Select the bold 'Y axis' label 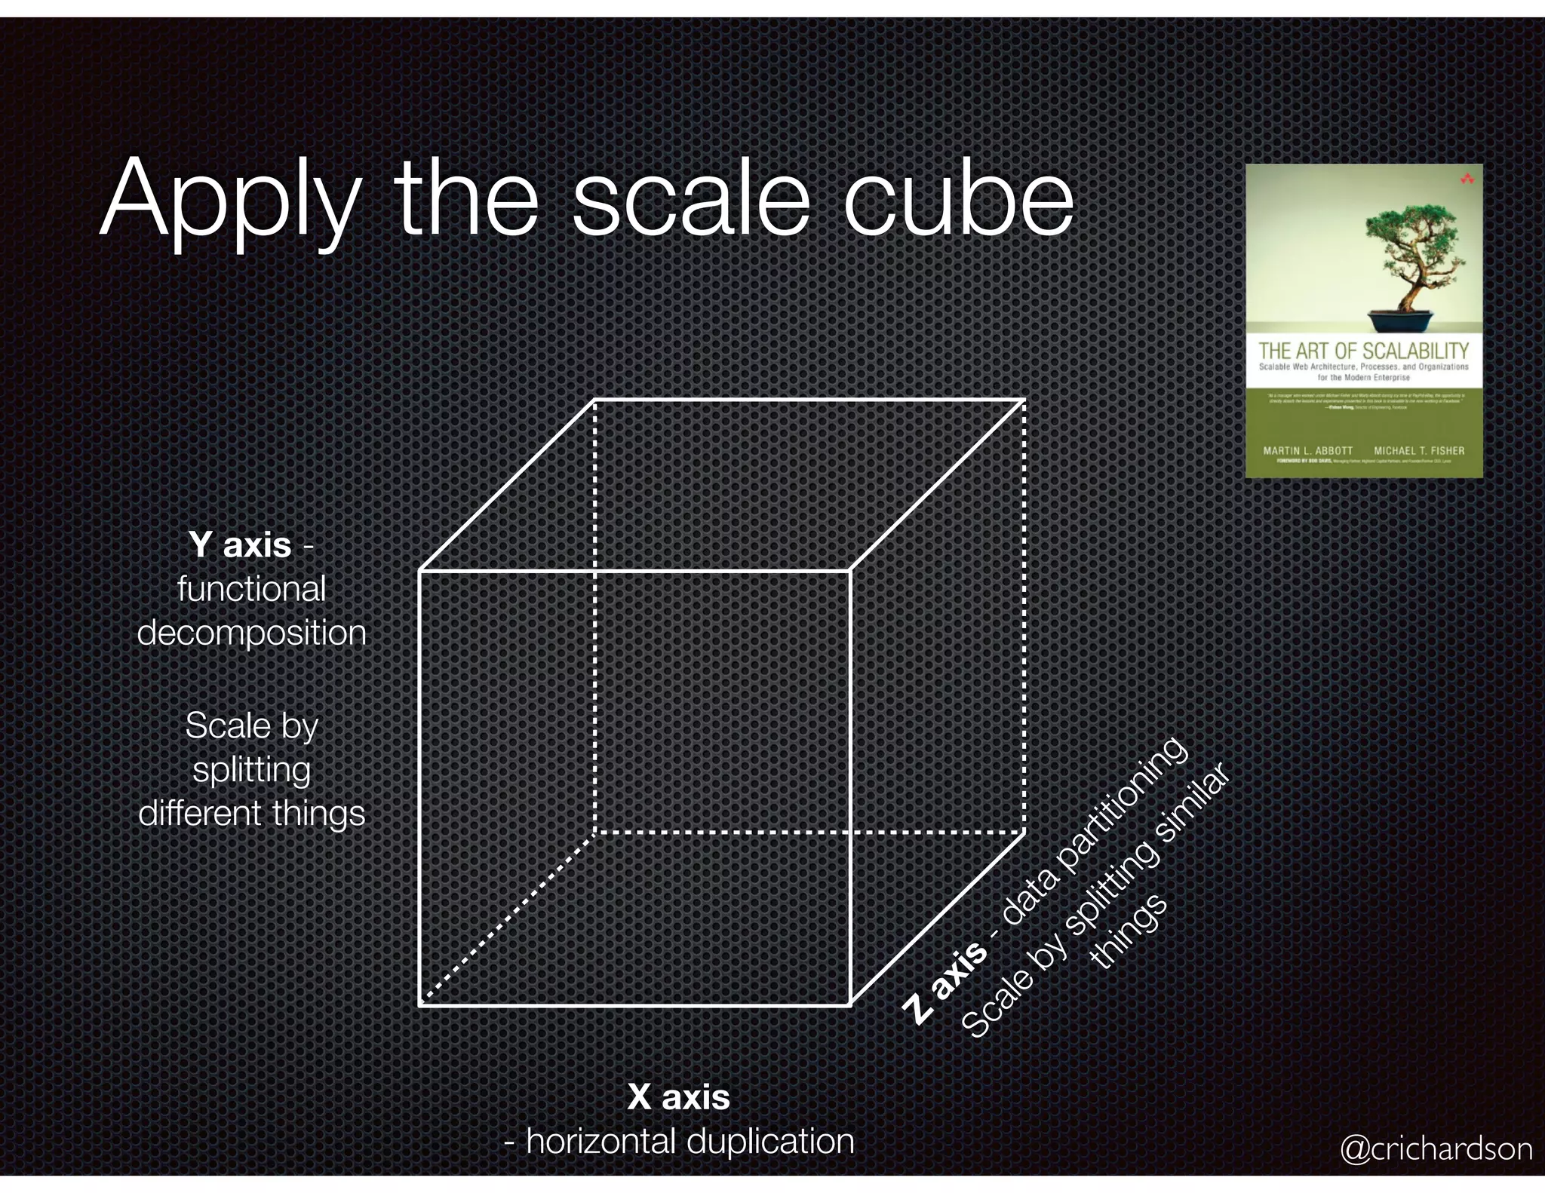click(x=240, y=544)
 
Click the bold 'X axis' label click(x=678, y=1096)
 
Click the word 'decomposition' click(x=251, y=633)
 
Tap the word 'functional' click(x=251, y=589)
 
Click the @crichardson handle click(x=1436, y=1149)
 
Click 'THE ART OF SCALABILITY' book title click(x=1363, y=351)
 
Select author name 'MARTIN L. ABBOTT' click(x=1307, y=451)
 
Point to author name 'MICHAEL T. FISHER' click(x=1418, y=451)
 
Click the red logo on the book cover click(x=1467, y=179)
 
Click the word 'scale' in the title click(x=690, y=199)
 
